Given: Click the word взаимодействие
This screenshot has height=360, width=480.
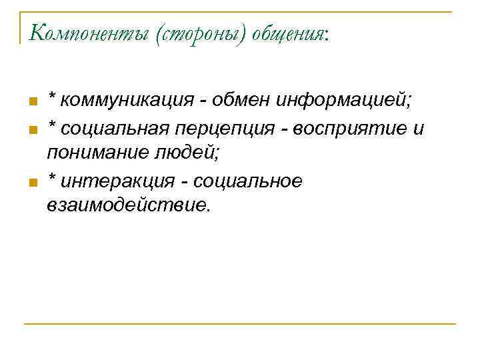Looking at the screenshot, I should [x=128, y=205].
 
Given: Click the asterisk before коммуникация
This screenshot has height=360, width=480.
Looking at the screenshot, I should [x=51, y=99].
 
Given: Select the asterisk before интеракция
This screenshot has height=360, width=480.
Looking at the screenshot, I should [x=51, y=177].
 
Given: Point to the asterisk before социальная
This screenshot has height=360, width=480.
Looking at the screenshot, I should [x=51, y=125].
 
